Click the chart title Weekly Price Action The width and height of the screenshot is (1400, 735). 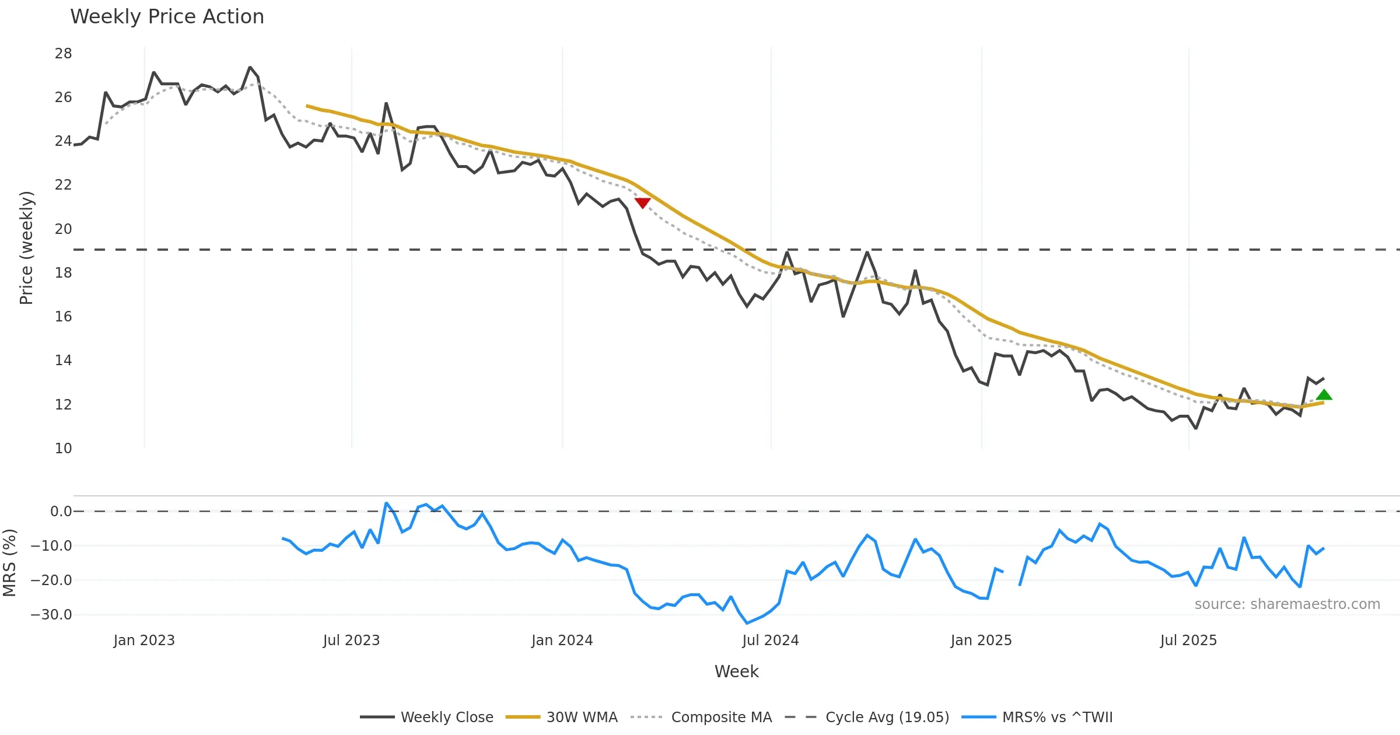coord(167,17)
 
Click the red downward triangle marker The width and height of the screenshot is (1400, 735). coord(642,202)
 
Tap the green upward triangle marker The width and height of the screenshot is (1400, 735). coord(1324,395)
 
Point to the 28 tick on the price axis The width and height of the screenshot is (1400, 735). coord(63,54)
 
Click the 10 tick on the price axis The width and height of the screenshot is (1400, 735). coord(63,449)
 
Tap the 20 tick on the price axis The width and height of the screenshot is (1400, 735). coord(63,229)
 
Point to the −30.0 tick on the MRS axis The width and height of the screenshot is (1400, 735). coord(51,615)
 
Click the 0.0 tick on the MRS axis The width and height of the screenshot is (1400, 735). coord(61,512)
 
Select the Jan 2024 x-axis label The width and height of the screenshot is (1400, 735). coord(562,640)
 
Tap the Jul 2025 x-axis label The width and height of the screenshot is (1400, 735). coord(1188,640)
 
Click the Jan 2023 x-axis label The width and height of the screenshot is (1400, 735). coord(144,640)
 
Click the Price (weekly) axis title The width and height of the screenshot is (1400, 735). coord(27,248)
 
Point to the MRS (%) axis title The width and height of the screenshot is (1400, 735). coord(10,563)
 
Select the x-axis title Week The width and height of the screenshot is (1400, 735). coord(736,671)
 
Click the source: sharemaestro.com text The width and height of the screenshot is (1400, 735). coord(1287,604)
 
